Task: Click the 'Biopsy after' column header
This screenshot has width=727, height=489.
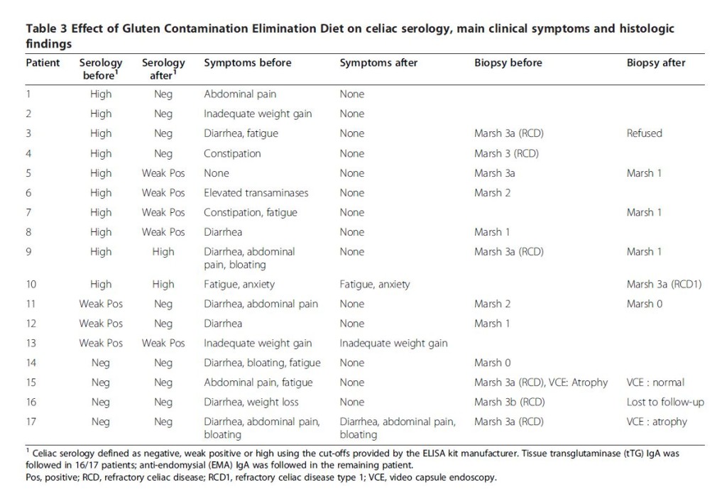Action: [x=655, y=62]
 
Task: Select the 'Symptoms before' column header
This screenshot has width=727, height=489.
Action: [x=248, y=62]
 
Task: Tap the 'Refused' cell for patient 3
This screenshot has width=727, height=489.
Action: [x=644, y=133]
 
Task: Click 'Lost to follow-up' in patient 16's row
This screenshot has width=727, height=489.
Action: [x=665, y=402]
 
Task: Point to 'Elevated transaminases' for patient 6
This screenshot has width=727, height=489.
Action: [x=256, y=193]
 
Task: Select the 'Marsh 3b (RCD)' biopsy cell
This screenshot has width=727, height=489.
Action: [x=509, y=402]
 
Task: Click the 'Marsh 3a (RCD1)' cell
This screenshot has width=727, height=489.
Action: [x=664, y=284]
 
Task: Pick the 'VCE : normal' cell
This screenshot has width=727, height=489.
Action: [x=655, y=383]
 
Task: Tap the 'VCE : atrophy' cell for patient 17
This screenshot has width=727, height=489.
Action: [x=657, y=422]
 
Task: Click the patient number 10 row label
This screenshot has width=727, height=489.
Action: [x=31, y=284]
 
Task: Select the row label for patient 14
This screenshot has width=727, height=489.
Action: [x=31, y=363]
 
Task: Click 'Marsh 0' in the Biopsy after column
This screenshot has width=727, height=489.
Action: [x=645, y=304]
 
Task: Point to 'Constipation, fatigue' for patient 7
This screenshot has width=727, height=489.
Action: [x=251, y=213]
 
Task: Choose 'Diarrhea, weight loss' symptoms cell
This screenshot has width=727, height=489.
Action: [x=251, y=402]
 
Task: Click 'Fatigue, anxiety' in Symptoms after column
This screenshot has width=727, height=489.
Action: [x=375, y=284]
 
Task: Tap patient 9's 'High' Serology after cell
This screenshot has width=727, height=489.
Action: [x=163, y=252]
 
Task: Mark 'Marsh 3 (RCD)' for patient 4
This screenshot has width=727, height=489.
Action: [x=506, y=153]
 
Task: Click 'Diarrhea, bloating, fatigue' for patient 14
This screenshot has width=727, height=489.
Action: [x=262, y=363]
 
